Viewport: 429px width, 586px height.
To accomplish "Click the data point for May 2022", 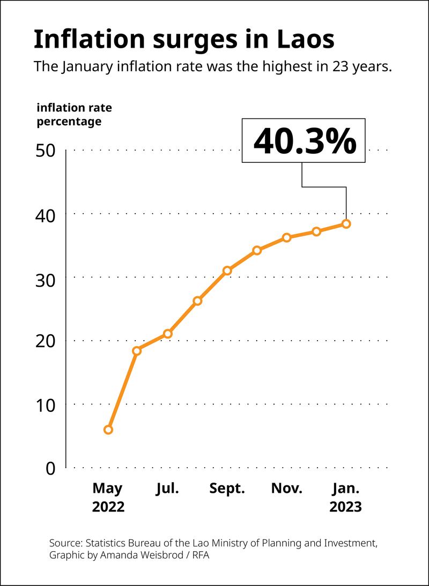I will coord(108,430).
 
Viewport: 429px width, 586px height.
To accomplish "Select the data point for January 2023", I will coord(346,224).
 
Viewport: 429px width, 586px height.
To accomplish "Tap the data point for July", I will coord(168,334).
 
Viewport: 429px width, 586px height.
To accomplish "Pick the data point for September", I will coord(227,271).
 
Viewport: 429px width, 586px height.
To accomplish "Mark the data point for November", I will coord(287,237).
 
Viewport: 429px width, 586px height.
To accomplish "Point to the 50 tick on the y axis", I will coord(45,151).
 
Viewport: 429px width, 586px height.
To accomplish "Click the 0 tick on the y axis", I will coord(50,468).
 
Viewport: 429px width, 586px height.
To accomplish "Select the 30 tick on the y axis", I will coord(45,277).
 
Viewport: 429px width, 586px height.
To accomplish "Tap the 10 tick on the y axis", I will coord(45,405).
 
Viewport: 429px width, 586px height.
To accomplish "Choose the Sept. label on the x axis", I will coord(227,489).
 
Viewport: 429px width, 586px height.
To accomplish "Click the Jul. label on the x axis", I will coord(168,489).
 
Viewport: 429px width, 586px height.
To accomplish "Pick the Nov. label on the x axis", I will coord(287,489).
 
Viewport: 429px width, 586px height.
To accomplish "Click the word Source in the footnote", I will coord(65,543).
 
